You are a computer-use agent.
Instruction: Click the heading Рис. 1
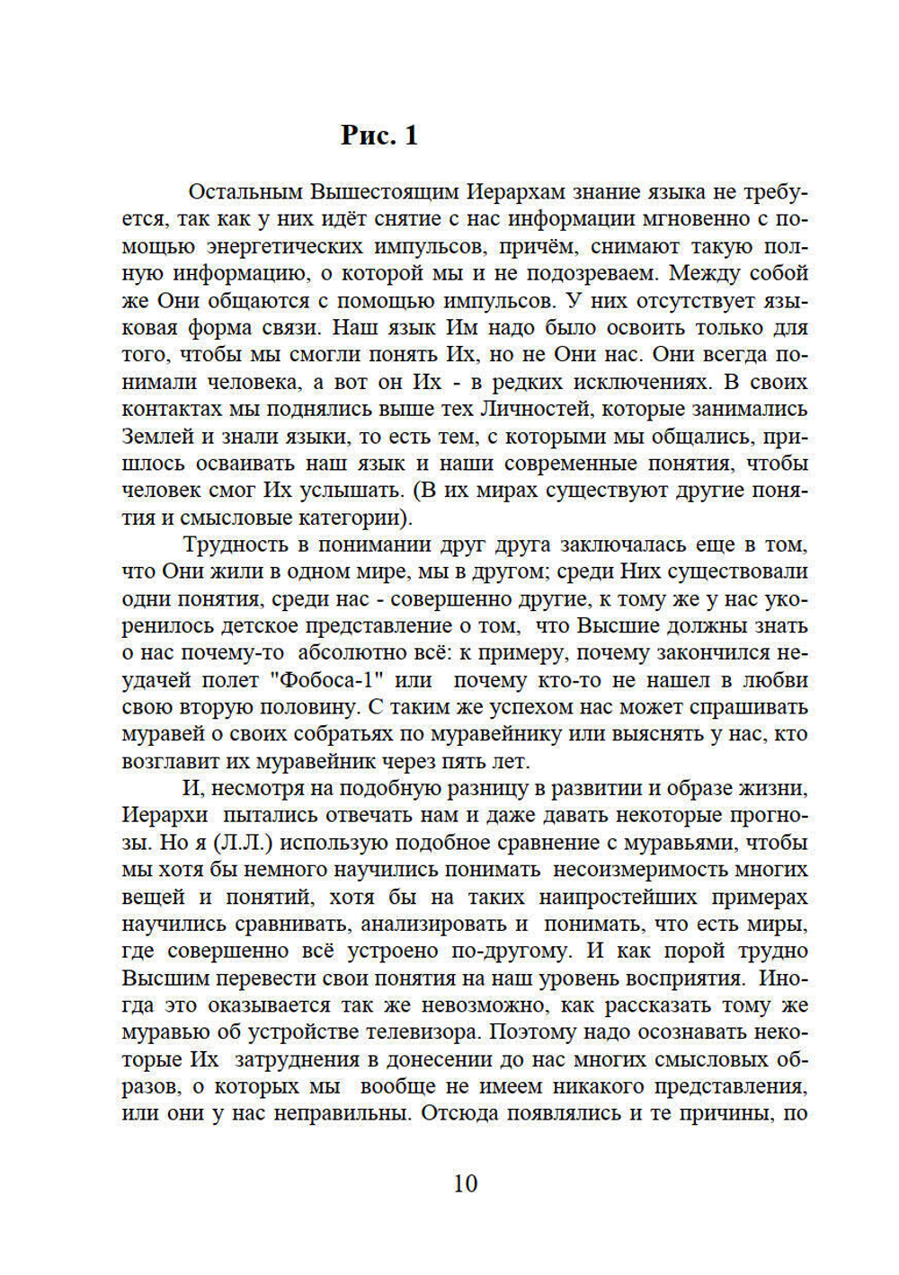(379, 135)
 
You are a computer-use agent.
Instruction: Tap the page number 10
(466, 1183)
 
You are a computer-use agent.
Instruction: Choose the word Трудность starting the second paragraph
(235, 545)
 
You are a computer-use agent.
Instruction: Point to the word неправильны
(345, 1113)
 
